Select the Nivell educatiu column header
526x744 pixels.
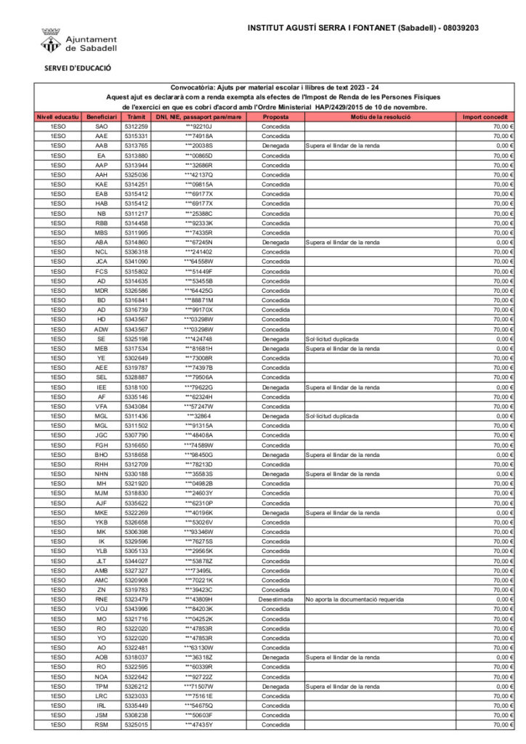pyautogui.click(x=58, y=116)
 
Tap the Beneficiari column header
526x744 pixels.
pyautogui.click(x=101, y=116)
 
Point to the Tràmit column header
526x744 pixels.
pyautogui.click(x=136, y=116)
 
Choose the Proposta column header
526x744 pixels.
pyautogui.click(x=275, y=116)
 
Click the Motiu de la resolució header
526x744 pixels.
pyautogui.click(x=380, y=116)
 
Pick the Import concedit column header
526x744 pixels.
pyautogui.click(x=485, y=116)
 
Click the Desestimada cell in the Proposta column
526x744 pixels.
pyautogui.click(x=275, y=599)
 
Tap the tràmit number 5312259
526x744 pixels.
pyautogui.click(x=136, y=126)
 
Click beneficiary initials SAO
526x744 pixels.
pyautogui.click(x=101, y=126)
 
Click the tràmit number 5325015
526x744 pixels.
pyautogui.click(x=136, y=724)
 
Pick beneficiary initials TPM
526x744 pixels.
pyautogui.click(x=101, y=686)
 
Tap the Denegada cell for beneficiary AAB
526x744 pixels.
pyautogui.click(x=275, y=145)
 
